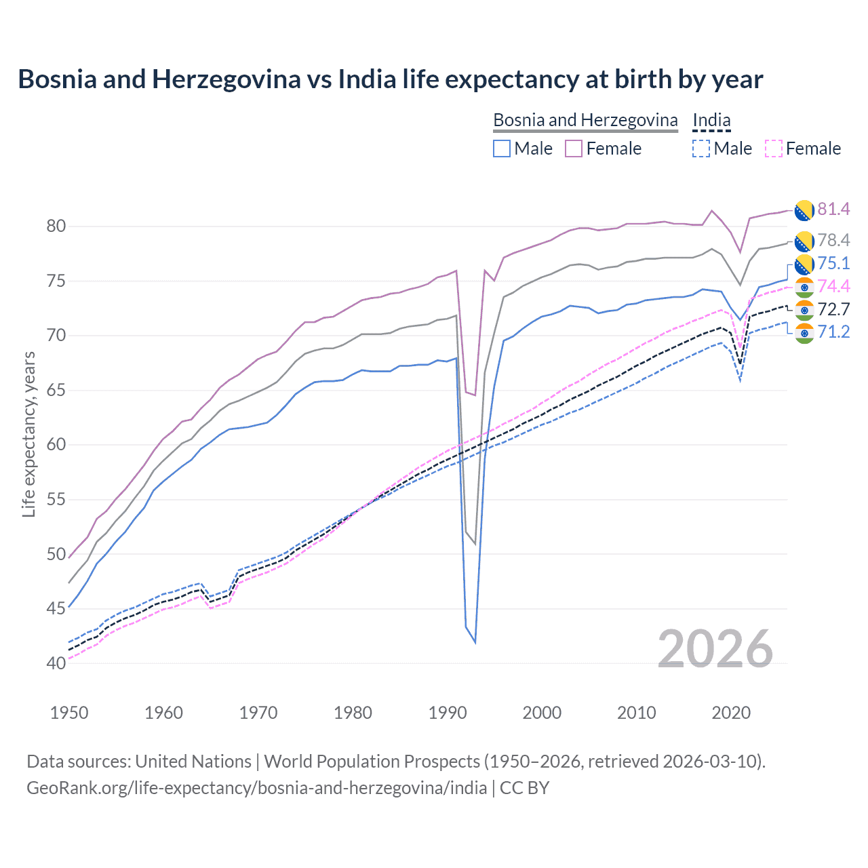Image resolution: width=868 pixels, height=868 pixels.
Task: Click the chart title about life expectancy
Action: tap(390, 79)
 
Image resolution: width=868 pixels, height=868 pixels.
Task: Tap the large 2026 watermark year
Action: tap(715, 649)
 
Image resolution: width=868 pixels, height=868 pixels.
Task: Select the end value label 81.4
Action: tap(833, 209)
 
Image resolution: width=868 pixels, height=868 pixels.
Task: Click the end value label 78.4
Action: tap(833, 240)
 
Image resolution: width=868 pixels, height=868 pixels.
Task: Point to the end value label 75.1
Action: tap(833, 263)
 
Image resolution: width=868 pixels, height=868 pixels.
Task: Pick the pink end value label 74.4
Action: tap(833, 286)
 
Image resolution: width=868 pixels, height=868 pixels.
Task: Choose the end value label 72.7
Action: tap(833, 309)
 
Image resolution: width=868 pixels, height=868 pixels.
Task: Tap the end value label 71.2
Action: tap(833, 332)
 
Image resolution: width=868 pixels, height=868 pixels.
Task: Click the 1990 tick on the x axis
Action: tap(448, 713)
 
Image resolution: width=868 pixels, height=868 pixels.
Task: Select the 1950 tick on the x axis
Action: tap(69, 713)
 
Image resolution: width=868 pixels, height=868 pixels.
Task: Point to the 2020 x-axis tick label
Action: tap(731, 713)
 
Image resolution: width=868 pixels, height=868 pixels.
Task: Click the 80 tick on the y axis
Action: tap(56, 226)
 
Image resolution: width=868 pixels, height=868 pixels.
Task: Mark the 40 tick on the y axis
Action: tap(56, 663)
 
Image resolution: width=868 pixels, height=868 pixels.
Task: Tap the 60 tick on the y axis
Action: tap(56, 445)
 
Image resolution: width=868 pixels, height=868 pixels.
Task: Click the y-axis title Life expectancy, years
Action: tap(28, 434)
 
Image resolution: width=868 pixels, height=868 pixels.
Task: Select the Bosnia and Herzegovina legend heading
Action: tap(585, 120)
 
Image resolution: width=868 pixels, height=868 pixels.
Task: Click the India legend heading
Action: tap(711, 120)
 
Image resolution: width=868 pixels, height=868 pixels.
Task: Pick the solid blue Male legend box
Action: tap(502, 149)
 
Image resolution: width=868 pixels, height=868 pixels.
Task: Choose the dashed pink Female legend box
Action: tap(773, 149)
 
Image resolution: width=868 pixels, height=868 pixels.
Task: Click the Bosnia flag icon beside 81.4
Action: tap(804, 210)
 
